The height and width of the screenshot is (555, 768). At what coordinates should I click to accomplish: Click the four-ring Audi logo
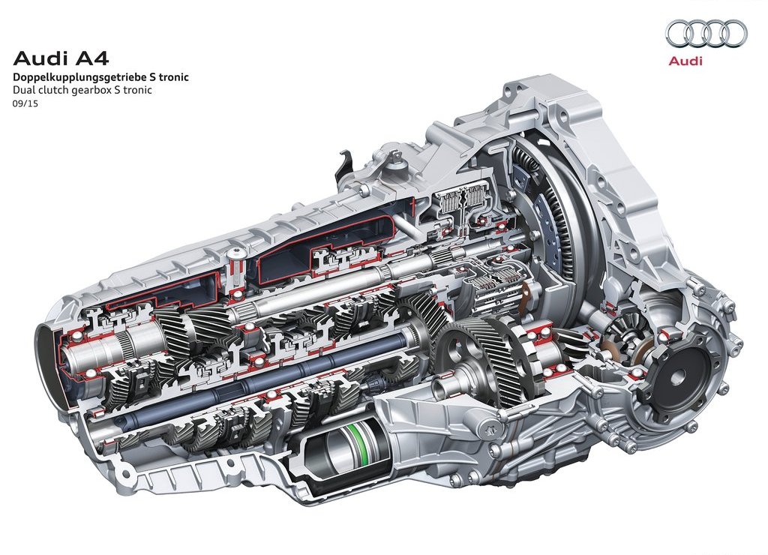[x=706, y=33]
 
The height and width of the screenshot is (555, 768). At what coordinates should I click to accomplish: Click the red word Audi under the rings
[x=685, y=61]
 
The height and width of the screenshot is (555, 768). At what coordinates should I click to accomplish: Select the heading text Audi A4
[x=60, y=58]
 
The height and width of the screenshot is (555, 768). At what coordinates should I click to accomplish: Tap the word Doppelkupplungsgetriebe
[x=73, y=77]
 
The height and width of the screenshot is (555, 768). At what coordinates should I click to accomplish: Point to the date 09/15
[x=25, y=103]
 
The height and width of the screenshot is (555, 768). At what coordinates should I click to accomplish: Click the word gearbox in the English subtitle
[x=92, y=90]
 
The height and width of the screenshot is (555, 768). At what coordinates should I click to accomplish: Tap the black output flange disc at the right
[x=679, y=377]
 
